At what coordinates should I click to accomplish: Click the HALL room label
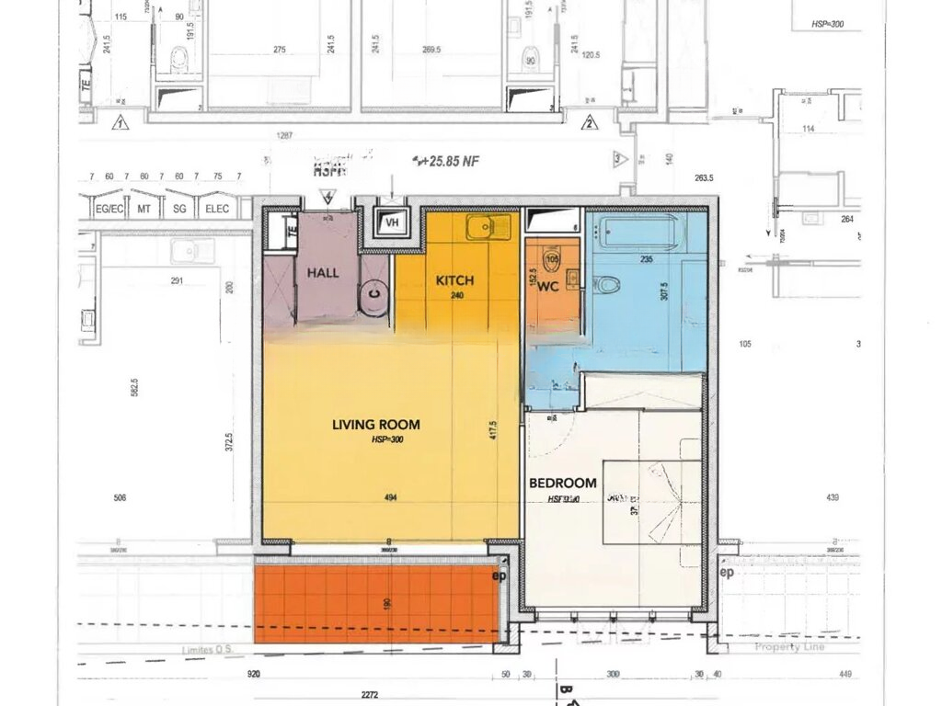(323, 273)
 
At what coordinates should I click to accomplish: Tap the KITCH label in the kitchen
(454, 279)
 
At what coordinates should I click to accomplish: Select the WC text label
(548, 287)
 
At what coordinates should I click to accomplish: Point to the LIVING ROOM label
(375, 425)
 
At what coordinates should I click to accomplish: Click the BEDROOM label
(562, 483)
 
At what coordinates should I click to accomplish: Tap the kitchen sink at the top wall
(487, 225)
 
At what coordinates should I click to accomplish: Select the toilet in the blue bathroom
(607, 285)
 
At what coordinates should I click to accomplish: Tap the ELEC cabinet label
(217, 210)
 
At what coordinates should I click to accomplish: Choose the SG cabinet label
(180, 210)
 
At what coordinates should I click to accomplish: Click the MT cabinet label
(144, 210)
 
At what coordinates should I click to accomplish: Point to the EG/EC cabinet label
(109, 210)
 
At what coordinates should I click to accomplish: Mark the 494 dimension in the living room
(390, 498)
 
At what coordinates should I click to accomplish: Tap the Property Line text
(789, 647)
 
